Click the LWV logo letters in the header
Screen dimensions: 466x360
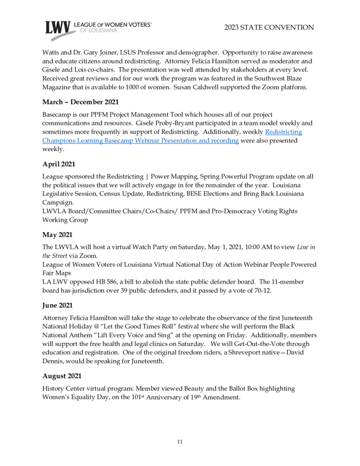point(58,28)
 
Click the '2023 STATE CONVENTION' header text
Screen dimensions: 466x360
point(269,27)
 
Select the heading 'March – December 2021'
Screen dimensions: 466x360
point(80,102)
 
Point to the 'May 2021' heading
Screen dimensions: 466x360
point(57,235)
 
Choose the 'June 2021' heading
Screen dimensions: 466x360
point(58,305)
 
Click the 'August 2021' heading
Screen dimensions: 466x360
point(62,376)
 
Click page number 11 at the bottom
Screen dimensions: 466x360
point(180,442)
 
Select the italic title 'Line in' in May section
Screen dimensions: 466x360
point(306,247)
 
